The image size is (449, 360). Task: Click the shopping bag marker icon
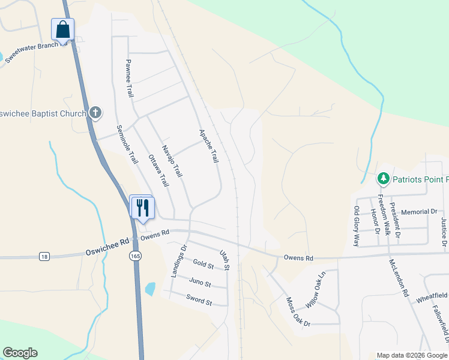tap(63, 29)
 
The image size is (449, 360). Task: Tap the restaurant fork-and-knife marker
tap(143, 208)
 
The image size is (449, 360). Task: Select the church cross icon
tap(95, 112)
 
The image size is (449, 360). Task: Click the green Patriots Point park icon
tap(383, 179)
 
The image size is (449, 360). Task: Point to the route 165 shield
tap(133, 256)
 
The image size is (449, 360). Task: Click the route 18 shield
tap(44, 256)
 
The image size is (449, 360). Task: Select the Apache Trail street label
tap(208, 146)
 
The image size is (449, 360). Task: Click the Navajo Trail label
tap(172, 160)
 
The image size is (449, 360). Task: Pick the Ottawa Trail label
tap(158, 170)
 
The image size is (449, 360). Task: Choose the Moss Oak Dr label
tap(298, 312)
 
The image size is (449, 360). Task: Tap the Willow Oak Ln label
tap(315, 290)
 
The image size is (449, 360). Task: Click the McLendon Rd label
tap(398, 278)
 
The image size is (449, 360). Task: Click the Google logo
tap(20, 353)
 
